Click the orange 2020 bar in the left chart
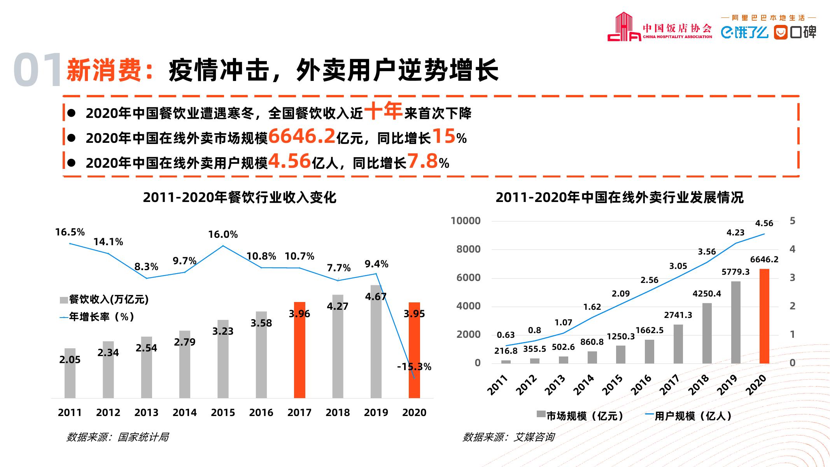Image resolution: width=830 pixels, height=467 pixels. click(x=414, y=350)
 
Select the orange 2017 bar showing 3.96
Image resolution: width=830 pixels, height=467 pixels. click(x=299, y=350)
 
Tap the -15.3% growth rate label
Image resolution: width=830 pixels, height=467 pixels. click(x=414, y=367)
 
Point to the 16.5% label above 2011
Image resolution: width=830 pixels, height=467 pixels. click(x=70, y=232)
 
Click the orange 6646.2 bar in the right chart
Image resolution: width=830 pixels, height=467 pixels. click(x=764, y=316)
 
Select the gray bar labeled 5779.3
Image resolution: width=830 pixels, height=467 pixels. click(x=736, y=322)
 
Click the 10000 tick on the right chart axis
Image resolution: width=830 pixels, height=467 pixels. click(x=466, y=221)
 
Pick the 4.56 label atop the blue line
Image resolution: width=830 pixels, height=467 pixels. click(x=764, y=223)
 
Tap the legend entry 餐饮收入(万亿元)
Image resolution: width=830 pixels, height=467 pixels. click(x=104, y=299)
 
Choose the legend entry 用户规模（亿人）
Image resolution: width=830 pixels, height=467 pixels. click(x=688, y=416)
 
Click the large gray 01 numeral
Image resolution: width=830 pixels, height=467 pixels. click(x=38, y=70)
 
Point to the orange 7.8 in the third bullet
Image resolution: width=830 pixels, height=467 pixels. click(x=423, y=161)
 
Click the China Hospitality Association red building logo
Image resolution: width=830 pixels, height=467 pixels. click(x=624, y=27)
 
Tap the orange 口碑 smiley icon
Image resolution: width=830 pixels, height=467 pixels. click(x=780, y=32)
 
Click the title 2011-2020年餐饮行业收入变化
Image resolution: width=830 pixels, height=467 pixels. click(x=240, y=198)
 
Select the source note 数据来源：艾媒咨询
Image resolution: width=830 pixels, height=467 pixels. click(x=508, y=437)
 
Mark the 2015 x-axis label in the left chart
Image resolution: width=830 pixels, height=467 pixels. click(x=223, y=413)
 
